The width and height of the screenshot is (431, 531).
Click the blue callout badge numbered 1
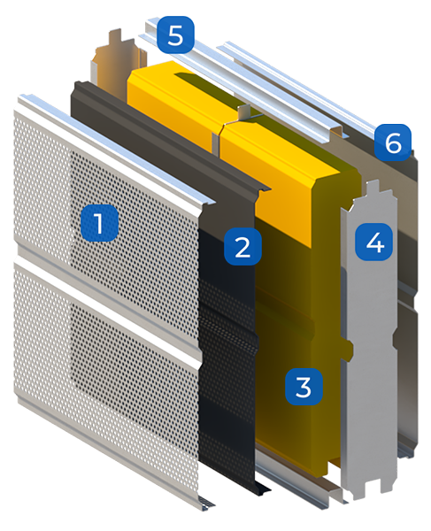pyautogui.click(x=99, y=223)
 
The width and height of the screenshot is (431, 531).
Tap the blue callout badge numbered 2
pyautogui.click(x=242, y=247)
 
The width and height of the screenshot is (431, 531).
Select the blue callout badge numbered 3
pyautogui.click(x=303, y=387)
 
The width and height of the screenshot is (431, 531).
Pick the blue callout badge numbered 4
pyautogui.click(x=373, y=242)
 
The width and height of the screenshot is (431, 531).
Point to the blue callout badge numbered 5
pyautogui.click(x=175, y=35)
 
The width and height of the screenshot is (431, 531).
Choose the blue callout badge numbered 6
pyautogui.click(x=393, y=142)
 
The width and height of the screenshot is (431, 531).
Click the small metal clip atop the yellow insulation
pyautogui.click(x=245, y=112)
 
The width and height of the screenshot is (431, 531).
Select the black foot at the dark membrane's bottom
pyautogui.click(x=261, y=487)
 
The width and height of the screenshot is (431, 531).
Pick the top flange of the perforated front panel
pyautogui.click(x=115, y=147)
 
